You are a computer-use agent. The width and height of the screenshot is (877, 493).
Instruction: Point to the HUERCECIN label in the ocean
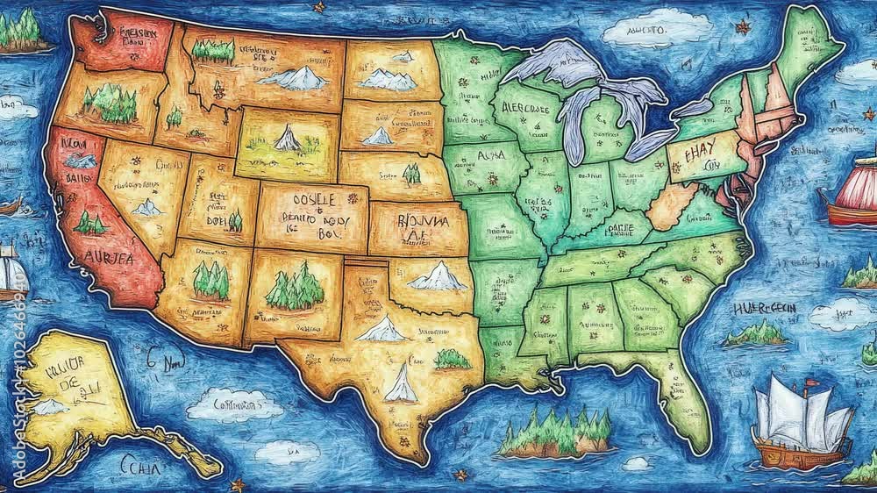point(765,309)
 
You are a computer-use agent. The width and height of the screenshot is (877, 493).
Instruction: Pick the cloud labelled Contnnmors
point(234,405)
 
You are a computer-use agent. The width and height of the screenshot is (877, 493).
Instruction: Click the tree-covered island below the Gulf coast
point(554,434)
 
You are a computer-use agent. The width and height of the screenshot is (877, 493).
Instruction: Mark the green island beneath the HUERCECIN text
point(756,334)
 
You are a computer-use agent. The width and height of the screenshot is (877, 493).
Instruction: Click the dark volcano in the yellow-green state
point(288,138)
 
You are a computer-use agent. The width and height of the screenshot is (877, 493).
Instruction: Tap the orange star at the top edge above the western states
point(319,7)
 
